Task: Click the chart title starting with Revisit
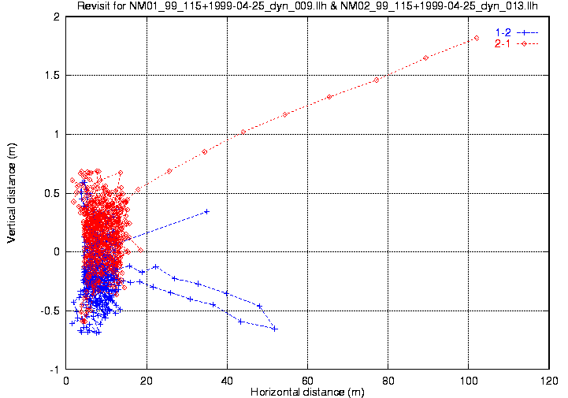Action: pos(307,7)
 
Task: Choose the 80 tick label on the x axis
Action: pos(388,380)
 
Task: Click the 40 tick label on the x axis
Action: pos(227,380)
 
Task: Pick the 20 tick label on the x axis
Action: pos(147,380)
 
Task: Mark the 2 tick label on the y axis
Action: pos(57,17)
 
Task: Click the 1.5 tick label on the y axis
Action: pos(52,76)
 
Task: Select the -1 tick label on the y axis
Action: pos(54,370)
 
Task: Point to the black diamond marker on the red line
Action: pos(285,114)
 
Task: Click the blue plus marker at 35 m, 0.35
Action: pos(206,211)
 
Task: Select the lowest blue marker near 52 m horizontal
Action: pos(275,329)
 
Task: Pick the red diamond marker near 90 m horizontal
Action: pos(425,58)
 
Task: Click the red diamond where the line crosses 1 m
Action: pos(243,132)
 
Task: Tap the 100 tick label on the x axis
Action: pos(468,380)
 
